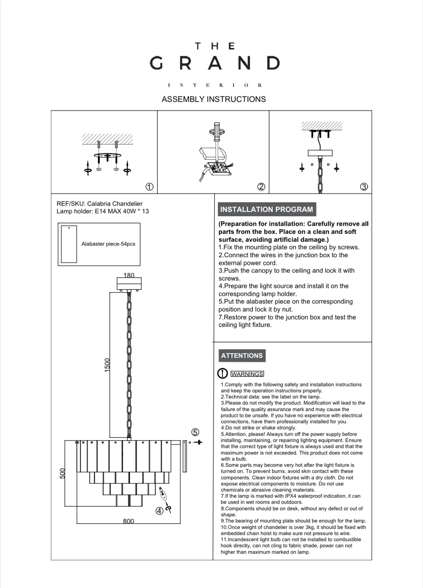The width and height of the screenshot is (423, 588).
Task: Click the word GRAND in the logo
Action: [x=214, y=63]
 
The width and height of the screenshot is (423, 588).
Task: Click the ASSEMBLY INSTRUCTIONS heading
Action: [x=214, y=99]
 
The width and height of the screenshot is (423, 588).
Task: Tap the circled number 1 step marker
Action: [x=149, y=187]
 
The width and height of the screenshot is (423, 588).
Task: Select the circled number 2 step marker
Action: [x=261, y=187]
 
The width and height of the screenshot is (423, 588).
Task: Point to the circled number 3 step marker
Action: [x=364, y=187]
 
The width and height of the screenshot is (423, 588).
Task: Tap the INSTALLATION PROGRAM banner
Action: [x=267, y=210]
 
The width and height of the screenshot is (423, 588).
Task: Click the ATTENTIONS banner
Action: [x=242, y=356]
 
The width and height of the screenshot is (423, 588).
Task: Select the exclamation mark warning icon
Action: [x=223, y=374]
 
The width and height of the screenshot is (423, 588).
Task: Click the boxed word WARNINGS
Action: [x=247, y=374]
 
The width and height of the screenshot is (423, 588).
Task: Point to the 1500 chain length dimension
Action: [x=107, y=365]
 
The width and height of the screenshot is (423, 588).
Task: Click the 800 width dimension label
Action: [x=128, y=521]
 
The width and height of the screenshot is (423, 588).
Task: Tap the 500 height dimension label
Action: [x=63, y=473]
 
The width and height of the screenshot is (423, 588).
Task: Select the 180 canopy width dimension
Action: [x=129, y=275]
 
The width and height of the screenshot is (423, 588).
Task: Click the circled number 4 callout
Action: [x=159, y=511]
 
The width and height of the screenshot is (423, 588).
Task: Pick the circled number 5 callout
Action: [x=195, y=432]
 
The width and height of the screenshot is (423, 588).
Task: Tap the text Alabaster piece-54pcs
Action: [x=108, y=244]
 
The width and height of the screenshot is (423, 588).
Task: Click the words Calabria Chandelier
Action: [x=115, y=204]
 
